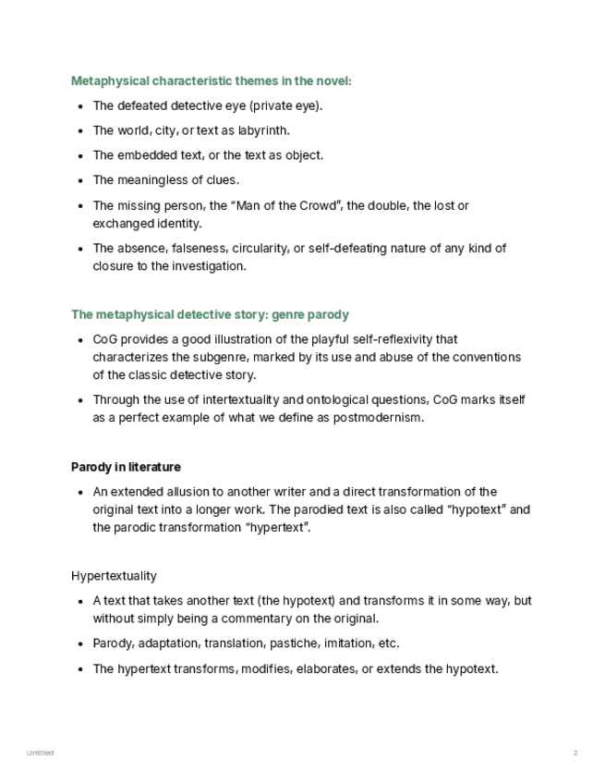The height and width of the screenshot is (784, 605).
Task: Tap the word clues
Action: pyautogui.click(x=222, y=180)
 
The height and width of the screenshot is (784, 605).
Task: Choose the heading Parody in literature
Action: pyautogui.click(x=126, y=467)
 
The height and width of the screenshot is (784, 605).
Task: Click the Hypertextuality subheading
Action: pyautogui.click(x=114, y=576)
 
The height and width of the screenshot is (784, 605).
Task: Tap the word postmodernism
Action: pyautogui.click(x=374, y=418)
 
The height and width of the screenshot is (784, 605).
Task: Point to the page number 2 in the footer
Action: pyautogui.click(x=575, y=753)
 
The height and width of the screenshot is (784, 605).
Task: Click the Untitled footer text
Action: pyautogui.click(x=40, y=753)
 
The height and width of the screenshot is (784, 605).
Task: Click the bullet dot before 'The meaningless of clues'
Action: pyautogui.click(x=80, y=180)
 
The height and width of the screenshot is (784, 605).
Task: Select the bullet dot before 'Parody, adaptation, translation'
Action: pyautogui.click(x=80, y=643)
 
